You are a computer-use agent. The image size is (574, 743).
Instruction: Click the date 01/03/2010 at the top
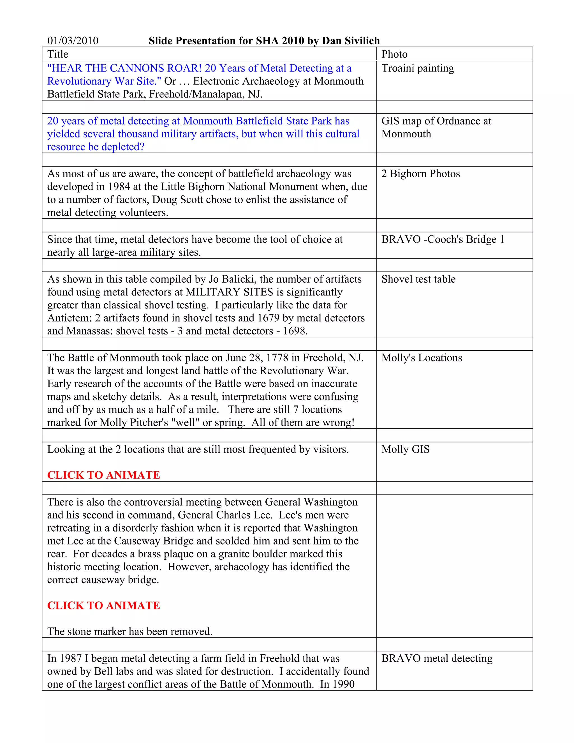tap(73, 41)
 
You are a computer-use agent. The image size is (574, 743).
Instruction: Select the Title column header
tap(58, 54)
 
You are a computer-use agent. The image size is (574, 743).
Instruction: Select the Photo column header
tap(394, 54)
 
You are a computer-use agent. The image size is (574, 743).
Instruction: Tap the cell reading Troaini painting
tap(418, 68)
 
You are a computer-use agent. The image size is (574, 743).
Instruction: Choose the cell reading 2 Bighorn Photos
tap(420, 174)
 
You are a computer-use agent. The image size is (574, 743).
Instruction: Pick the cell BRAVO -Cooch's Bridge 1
tap(442, 239)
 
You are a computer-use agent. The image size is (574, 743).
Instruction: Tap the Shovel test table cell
tap(418, 279)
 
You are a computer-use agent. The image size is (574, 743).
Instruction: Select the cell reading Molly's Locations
tap(422, 358)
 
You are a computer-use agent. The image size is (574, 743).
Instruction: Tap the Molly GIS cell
tap(405, 449)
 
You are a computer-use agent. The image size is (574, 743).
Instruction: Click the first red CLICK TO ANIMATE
tap(103, 475)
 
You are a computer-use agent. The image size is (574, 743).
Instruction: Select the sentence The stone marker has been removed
tap(129, 632)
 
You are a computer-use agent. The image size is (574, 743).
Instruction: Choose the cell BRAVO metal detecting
tap(437, 658)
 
